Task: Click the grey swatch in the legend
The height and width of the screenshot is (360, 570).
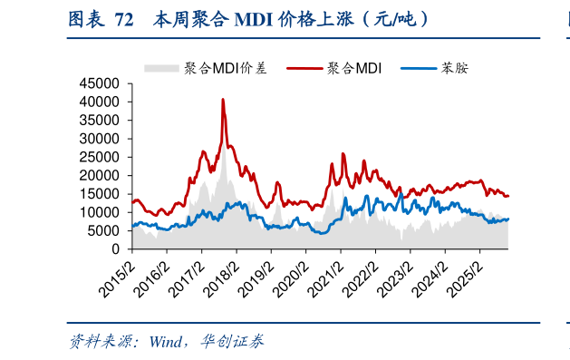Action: (162, 67)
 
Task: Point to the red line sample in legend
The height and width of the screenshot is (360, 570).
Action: (304, 67)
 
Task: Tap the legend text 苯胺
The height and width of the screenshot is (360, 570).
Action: (454, 67)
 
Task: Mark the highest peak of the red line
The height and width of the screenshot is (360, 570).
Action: (223, 100)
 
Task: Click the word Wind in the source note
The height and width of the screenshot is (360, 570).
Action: (167, 342)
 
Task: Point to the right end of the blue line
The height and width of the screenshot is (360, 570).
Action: (508, 219)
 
